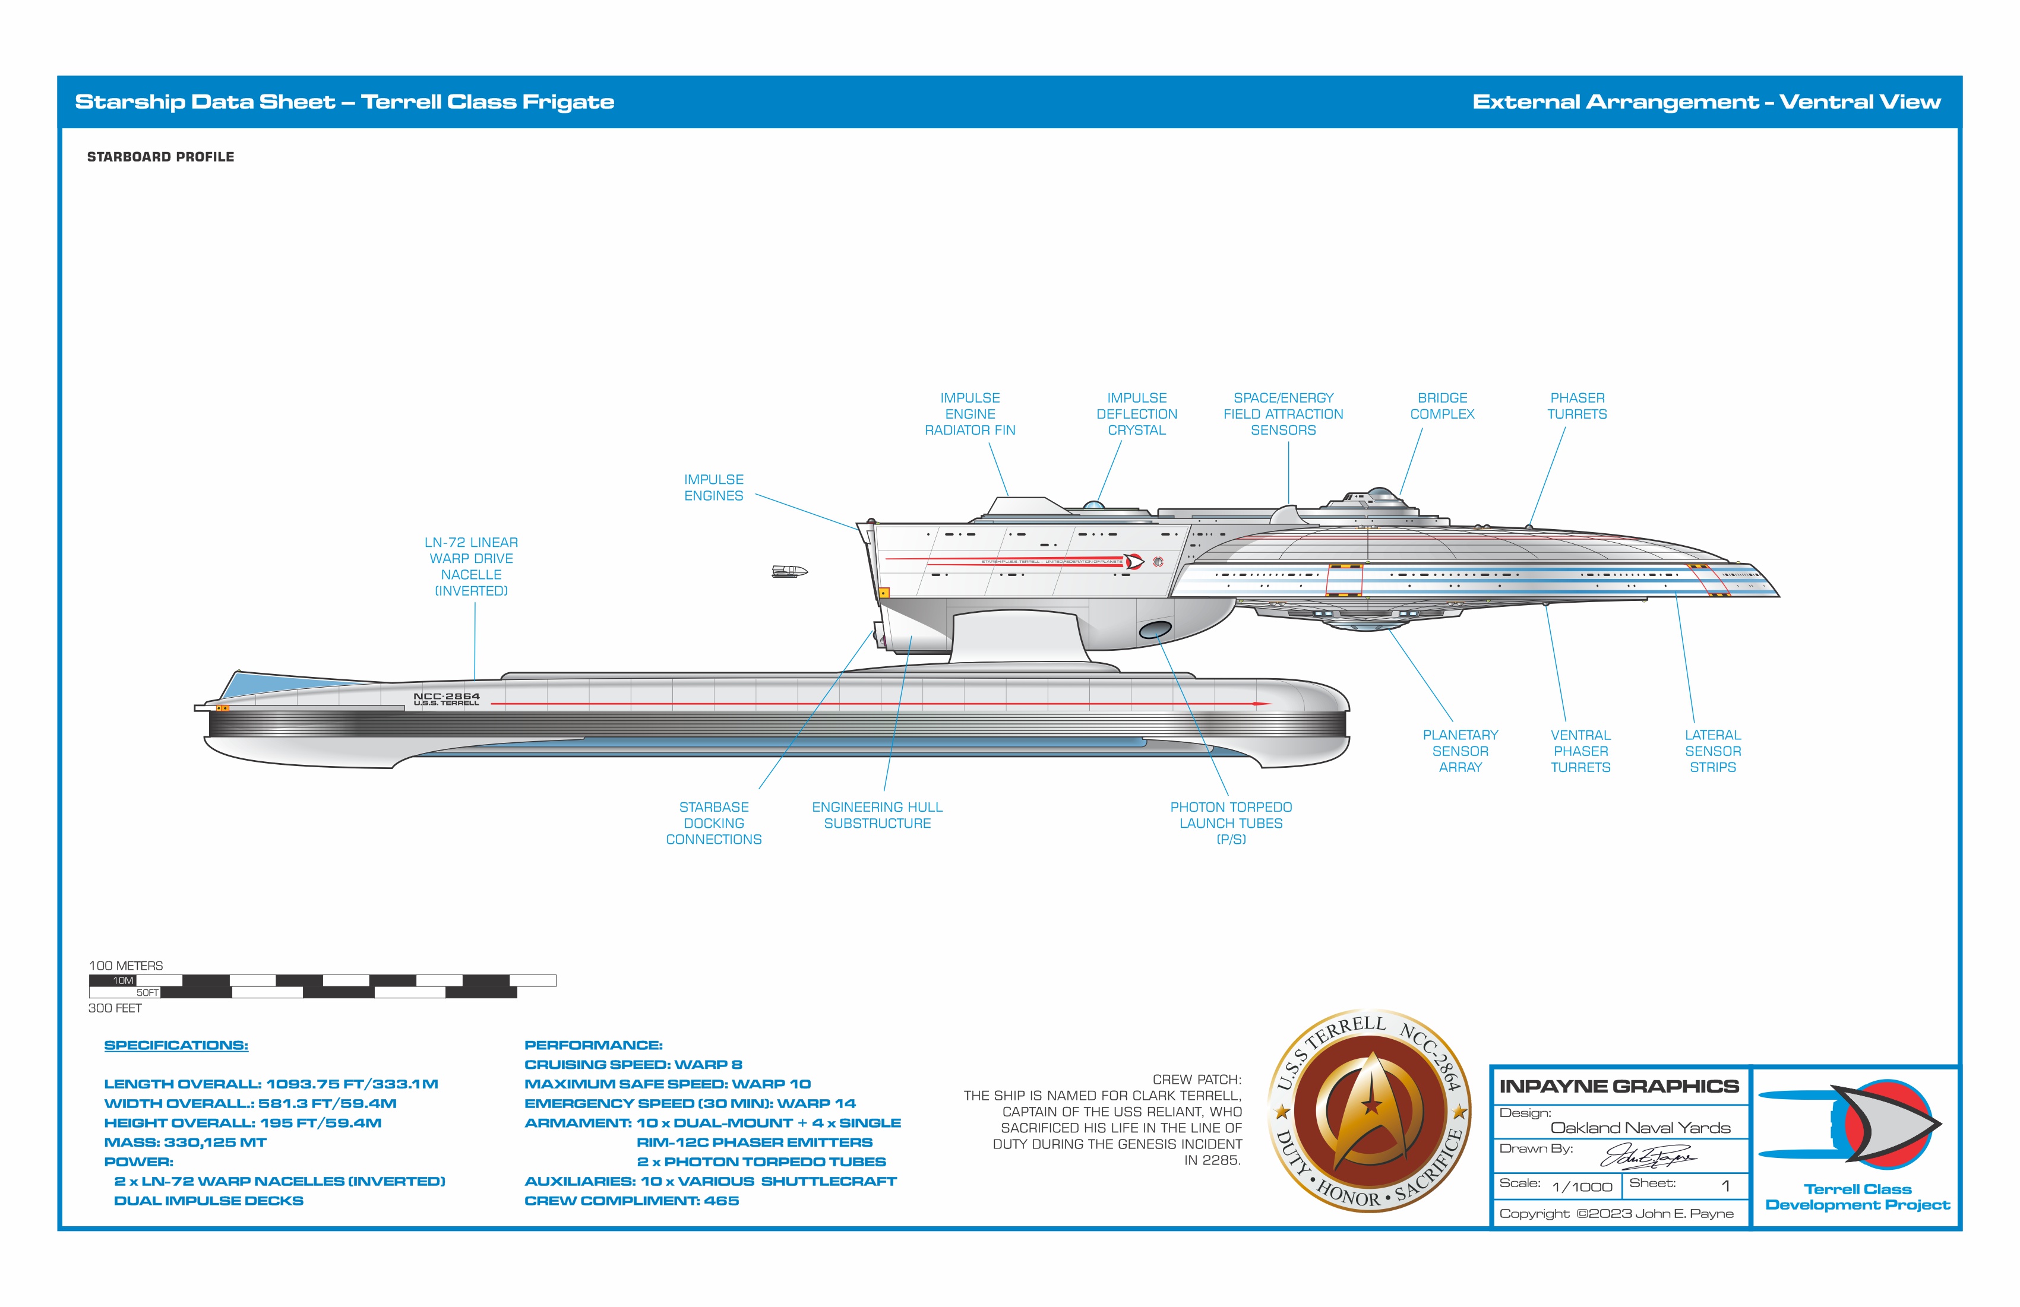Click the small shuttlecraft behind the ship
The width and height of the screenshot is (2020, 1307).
(x=789, y=571)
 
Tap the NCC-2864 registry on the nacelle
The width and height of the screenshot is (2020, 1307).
(x=447, y=695)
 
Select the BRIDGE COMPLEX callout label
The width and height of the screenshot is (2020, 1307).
(x=1442, y=406)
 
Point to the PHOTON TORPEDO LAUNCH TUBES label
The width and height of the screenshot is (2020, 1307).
(x=1231, y=822)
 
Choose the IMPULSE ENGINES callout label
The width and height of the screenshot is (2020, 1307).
(x=714, y=487)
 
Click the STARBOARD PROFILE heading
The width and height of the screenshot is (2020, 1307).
(x=160, y=157)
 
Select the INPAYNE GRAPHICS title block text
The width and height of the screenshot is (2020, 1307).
(x=1618, y=1086)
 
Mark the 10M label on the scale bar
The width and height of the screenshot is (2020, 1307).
(x=123, y=980)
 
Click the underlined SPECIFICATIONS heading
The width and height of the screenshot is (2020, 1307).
(x=176, y=1045)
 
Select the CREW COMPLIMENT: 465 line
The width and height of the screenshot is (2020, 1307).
(x=631, y=1200)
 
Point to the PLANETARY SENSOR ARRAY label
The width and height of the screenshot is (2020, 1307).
(x=1460, y=750)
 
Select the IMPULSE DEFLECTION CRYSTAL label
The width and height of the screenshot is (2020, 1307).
(x=1136, y=413)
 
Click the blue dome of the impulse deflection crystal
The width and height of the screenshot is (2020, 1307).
(x=1094, y=506)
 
